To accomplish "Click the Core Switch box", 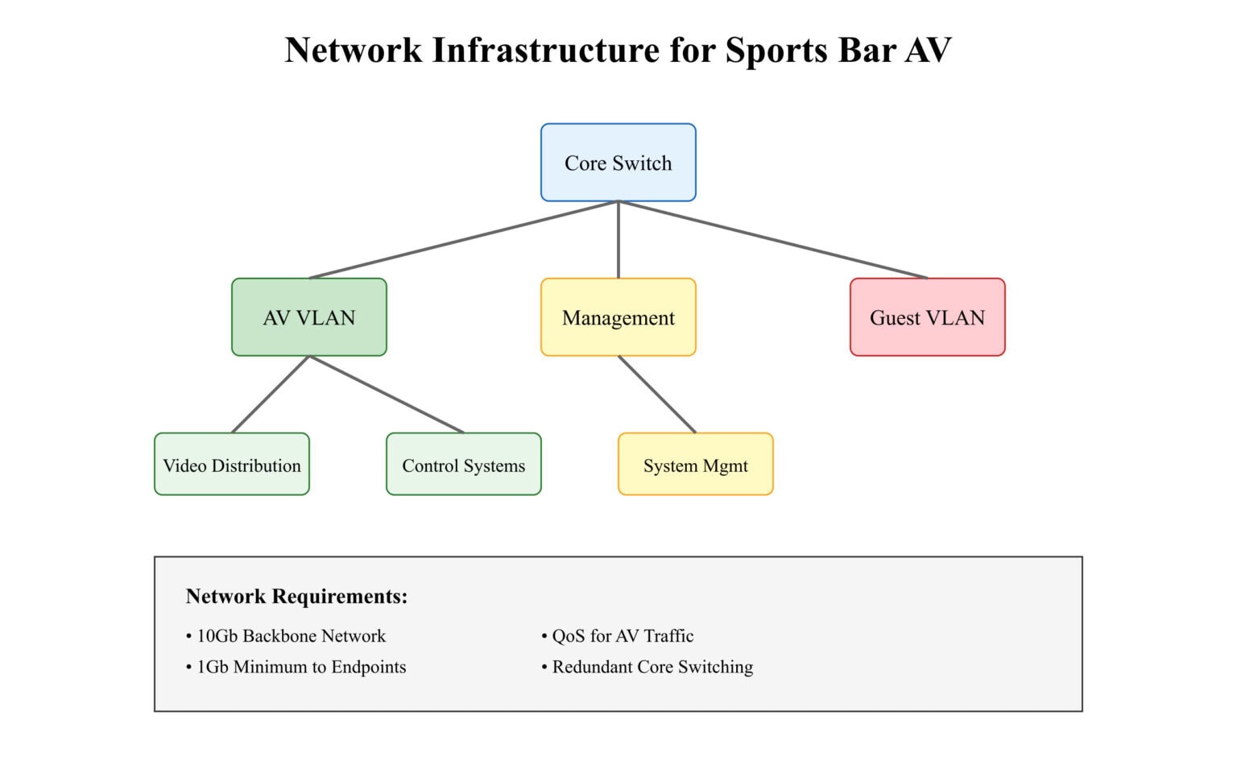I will tap(618, 163).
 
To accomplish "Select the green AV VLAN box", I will tap(308, 317).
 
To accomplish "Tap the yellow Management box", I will tap(618, 317).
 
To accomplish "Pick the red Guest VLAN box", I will tap(927, 317).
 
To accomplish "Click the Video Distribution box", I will tap(231, 465).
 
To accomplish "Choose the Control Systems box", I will tap(463, 465).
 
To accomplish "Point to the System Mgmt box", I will tap(695, 465).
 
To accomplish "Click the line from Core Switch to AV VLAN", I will tap(463, 239).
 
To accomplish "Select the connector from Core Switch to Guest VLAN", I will tap(773, 239).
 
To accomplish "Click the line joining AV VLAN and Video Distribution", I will tap(270, 395).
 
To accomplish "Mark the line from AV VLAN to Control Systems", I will tap(387, 395).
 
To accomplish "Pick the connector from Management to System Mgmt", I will tap(656, 395).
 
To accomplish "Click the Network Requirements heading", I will tap(296, 597).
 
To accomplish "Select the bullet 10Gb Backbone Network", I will tap(291, 636).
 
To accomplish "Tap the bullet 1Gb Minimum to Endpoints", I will tap(300, 667).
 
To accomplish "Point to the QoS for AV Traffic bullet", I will tap(622, 636).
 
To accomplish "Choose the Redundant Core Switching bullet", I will tap(652, 667).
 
